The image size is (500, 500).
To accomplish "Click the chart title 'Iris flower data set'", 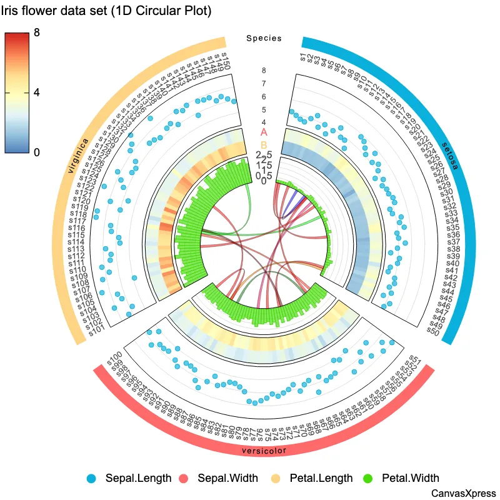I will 106,11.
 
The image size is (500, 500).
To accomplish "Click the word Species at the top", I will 264,38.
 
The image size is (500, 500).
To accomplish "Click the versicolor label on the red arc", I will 264,451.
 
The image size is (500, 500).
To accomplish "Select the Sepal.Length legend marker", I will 92,479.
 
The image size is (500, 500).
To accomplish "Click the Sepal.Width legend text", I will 227,479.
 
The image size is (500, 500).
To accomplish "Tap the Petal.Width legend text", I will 411,479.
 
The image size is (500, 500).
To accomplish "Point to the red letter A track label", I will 264,132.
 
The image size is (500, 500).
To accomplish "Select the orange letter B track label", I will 264,145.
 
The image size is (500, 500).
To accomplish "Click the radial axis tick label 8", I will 264,71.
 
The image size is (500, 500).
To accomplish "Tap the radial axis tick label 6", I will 264,97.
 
